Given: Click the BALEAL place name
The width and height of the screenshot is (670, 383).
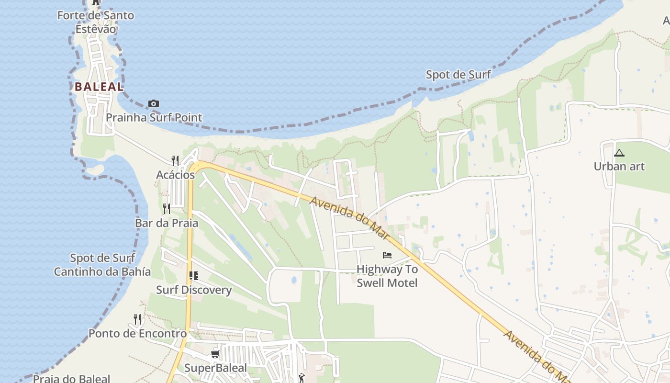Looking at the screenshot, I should pyautogui.click(x=99, y=87).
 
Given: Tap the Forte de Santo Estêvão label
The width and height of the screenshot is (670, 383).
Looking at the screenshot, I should pyautogui.click(x=96, y=22).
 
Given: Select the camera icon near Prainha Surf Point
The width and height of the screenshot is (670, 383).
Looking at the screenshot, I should pyautogui.click(x=153, y=103).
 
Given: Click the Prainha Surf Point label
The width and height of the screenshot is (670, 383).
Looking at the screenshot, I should pyautogui.click(x=154, y=117).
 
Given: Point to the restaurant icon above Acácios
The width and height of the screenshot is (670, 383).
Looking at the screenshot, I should pyautogui.click(x=175, y=161).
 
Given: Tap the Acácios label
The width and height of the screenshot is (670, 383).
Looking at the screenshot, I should pyautogui.click(x=175, y=175).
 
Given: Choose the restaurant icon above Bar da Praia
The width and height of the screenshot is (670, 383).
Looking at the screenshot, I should pyautogui.click(x=166, y=209).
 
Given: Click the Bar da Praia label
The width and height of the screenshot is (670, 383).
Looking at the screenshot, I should pyautogui.click(x=166, y=223).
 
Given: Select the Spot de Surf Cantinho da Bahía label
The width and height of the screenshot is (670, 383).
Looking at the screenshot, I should pyautogui.click(x=102, y=265).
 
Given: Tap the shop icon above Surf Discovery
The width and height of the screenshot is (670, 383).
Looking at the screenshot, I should pyautogui.click(x=193, y=276).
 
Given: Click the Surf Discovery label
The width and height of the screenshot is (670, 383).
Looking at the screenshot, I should pyautogui.click(x=193, y=290).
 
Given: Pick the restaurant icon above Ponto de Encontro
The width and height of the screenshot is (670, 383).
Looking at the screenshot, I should pyautogui.click(x=137, y=319).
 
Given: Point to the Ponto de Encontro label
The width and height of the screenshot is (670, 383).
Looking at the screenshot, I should pyautogui.click(x=137, y=334).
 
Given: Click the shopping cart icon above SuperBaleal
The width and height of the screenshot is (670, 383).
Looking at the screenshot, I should pyautogui.click(x=215, y=354).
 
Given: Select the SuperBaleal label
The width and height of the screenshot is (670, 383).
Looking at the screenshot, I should pyautogui.click(x=215, y=368).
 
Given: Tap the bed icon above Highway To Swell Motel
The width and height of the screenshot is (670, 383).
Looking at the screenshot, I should pyautogui.click(x=387, y=255).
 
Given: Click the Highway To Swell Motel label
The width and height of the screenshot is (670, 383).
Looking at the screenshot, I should pyautogui.click(x=387, y=276).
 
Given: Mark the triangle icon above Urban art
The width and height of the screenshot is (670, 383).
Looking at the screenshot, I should pyautogui.click(x=619, y=153).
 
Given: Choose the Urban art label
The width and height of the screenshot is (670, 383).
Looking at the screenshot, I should pyautogui.click(x=619, y=167).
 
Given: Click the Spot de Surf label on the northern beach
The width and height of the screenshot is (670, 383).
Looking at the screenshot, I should pyautogui.click(x=458, y=75).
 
